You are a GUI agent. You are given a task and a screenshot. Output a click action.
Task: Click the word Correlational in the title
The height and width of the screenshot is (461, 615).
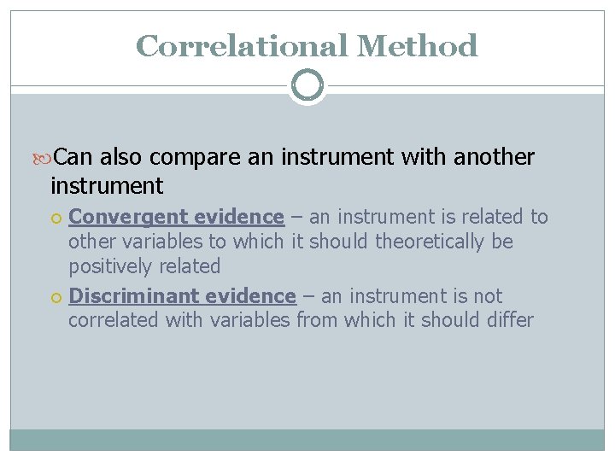[241, 45]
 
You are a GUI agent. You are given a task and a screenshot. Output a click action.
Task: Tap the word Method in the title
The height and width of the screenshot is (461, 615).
[417, 45]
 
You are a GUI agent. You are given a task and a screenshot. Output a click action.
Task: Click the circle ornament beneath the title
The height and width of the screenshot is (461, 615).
[307, 85]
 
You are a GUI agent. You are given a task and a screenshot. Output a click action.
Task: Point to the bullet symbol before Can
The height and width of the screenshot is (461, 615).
[46, 158]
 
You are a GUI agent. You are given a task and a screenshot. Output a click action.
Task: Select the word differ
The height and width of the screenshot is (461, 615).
[509, 321]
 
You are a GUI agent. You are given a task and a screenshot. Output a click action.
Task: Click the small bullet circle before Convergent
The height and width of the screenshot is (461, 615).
[56, 218]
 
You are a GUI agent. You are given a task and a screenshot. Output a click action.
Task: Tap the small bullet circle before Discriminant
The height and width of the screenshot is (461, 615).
[56, 297]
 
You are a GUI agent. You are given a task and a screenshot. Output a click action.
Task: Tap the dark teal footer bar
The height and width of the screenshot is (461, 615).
[307, 440]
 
